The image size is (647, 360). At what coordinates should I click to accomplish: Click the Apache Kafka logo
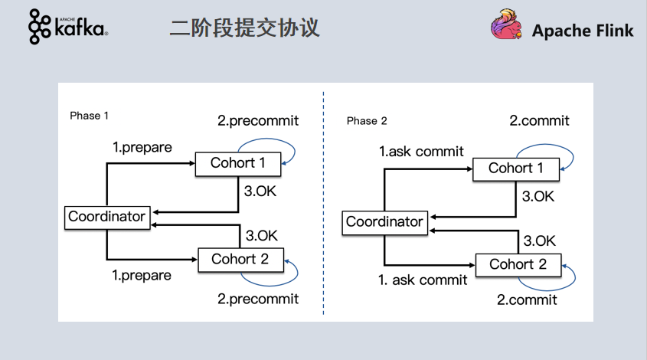pos(67,27)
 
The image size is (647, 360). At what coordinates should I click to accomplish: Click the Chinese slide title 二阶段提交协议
pos(244,28)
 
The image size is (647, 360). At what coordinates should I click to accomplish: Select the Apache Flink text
pos(583,31)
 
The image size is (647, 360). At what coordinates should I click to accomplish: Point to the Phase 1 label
pos(90,115)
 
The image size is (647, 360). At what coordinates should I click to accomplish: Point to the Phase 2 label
pos(367,121)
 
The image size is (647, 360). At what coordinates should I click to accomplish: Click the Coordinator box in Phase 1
pos(106,217)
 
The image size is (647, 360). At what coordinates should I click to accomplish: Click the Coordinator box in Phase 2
pos(384,222)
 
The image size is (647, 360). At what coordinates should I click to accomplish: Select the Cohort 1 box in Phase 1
pos(238,163)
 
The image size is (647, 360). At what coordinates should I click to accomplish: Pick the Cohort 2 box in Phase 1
pos(240,259)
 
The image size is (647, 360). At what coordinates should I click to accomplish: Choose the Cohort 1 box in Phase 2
pos(516,169)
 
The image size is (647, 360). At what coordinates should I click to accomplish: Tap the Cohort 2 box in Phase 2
pos(518,264)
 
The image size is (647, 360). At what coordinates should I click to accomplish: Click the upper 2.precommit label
pos(258,120)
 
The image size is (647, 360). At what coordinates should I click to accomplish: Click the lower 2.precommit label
pos(258,298)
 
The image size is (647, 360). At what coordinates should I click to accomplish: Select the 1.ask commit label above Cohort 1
pos(421,151)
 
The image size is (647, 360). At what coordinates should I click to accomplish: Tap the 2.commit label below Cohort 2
pos(528,299)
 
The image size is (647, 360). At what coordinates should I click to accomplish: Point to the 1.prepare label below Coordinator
pos(142,275)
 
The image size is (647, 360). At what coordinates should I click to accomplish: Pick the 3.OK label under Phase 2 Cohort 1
pos(538,196)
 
